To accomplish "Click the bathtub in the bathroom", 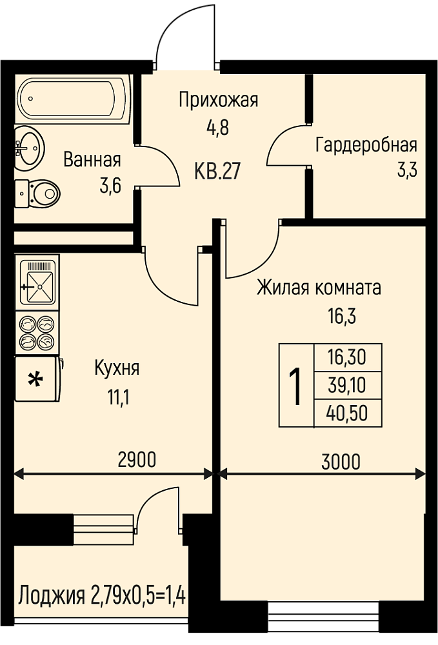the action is (x=73, y=99).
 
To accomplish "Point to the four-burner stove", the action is (x=37, y=333).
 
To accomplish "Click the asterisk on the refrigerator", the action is (x=35, y=379).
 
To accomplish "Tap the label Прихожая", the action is (x=219, y=101).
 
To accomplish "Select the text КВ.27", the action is (x=217, y=171).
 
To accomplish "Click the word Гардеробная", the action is (x=366, y=145).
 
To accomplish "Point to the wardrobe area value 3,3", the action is (x=407, y=170).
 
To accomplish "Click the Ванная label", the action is (x=92, y=159).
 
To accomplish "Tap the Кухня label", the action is (x=117, y=368).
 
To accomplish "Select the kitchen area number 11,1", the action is (x=119, y=397).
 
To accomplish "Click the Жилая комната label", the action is (x=319, y=288).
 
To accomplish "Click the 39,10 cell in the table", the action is (x=347, y=386).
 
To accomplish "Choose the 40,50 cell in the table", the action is (x=347, y=413).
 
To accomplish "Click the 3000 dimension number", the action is (x=341, y=462).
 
